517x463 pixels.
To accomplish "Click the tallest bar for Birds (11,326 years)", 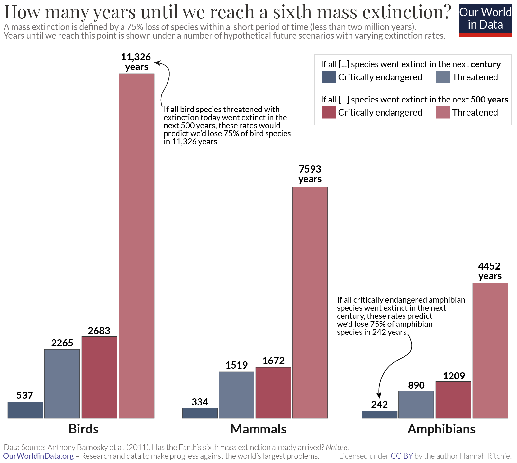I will (137, 246).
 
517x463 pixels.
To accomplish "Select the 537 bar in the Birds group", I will (25, 410).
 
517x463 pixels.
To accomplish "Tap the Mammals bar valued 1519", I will (236, 395).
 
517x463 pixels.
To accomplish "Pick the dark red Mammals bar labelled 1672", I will (273, 393).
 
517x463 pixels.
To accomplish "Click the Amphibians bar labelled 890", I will (416, 405).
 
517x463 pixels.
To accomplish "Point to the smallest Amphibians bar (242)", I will (379, 414).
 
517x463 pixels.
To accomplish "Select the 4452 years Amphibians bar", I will (490, 350).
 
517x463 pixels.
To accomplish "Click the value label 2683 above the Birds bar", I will (99, 331).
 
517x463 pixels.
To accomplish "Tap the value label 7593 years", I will (310, 174).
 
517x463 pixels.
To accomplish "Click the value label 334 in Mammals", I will (200, 402).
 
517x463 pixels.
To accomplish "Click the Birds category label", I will (84, 429).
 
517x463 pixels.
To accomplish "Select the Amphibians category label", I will (441, 429).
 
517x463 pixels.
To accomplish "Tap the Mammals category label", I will (258, 429).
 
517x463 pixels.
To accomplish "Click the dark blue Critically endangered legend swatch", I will (328, 77).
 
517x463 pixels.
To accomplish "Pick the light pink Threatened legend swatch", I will (442, 112).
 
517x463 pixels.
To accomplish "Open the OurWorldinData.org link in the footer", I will (38, 456).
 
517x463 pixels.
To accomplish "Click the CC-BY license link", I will (401, 456).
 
